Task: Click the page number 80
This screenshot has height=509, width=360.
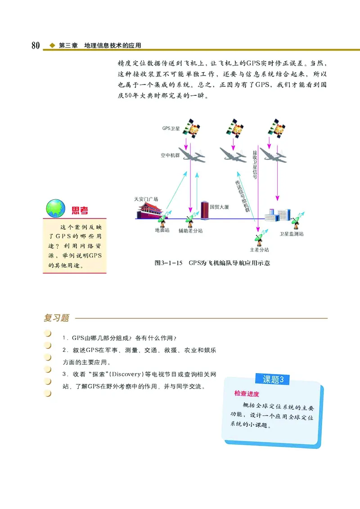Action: [36, 45]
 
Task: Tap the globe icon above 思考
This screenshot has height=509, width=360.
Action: [55, 208]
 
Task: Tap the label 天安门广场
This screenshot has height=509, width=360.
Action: [146, 199]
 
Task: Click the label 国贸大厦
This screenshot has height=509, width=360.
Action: [220, 207]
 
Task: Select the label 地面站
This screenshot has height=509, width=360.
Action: [162, 231]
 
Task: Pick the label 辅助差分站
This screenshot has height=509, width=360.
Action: [190, 231]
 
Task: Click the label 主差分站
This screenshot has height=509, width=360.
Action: [259, 250]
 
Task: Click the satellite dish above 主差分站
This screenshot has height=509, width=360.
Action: [259, 237]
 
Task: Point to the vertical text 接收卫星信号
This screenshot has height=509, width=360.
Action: [255, 165]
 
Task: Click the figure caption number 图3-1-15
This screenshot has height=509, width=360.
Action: [168, 263]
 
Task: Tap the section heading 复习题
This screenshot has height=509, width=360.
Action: [56, 318]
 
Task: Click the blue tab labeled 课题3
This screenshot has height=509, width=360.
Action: [273, 379]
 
